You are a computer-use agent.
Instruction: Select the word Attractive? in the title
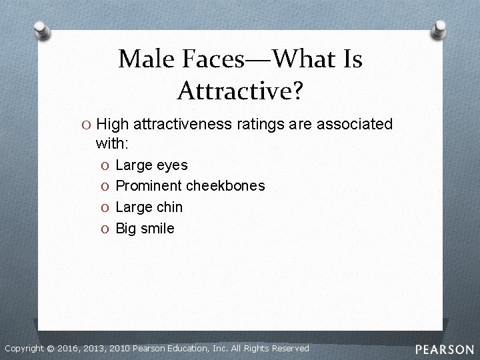(x=240, y=89)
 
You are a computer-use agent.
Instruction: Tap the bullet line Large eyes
(x=151, y=165)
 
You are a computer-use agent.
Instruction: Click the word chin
(x=169, y=207)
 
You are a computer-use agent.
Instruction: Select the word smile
(x=157, y=229)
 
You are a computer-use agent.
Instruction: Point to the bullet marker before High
(x=87, y=125)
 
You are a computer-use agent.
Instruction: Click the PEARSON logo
(x=444, y=349)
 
